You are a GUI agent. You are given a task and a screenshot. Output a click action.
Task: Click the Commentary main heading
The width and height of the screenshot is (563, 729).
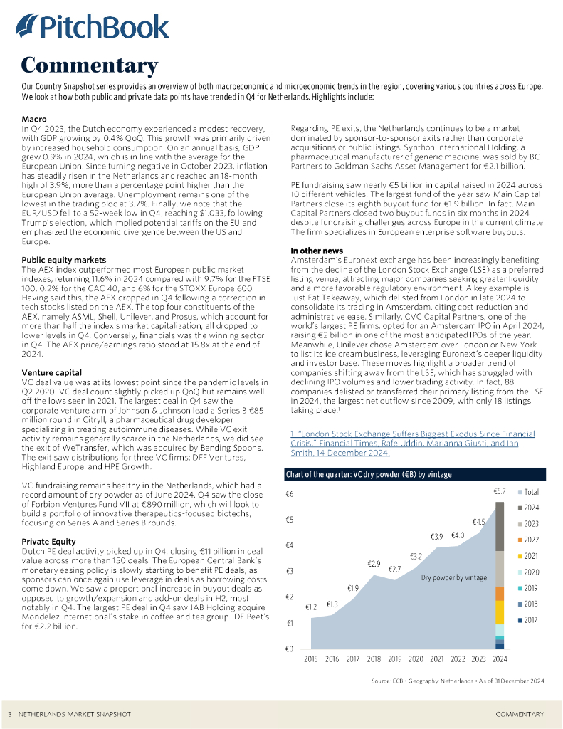[89, 65]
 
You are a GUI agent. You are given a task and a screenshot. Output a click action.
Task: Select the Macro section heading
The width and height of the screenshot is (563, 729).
[35, 117]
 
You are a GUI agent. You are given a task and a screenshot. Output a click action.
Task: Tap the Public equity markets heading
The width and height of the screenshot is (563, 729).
[64, 260]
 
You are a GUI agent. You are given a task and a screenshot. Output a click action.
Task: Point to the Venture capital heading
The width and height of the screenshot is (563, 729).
[52, 372]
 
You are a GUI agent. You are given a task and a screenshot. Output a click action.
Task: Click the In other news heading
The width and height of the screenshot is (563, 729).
[317, 251]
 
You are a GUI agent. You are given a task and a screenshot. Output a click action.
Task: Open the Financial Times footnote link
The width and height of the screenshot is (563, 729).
[404, 443]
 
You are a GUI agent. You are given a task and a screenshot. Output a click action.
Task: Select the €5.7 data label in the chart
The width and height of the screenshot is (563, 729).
[500, 491]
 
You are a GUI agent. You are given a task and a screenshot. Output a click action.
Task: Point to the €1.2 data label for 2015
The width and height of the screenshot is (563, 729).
[311, 607]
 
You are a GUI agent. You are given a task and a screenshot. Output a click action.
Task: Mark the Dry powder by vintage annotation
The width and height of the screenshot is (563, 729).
[454, 577]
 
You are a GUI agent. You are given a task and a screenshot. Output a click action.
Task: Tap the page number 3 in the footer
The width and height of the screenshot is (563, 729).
[10, 713]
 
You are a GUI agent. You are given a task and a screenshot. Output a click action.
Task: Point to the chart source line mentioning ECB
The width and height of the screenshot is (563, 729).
[458, 681]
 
